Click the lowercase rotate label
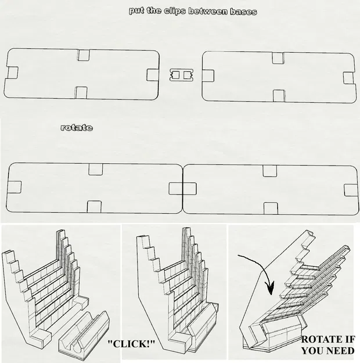point(76,127)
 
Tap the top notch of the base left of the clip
point(83,55)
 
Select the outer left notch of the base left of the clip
point(12,73)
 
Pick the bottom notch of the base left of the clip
point(81,93)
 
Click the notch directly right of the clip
point(207,75)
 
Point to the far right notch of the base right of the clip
point(348,78)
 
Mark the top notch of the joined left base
point(96,169)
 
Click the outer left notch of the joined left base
point(15,187)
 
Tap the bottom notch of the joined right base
point(269,207)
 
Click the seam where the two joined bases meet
point(183,189)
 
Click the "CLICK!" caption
point(132,344)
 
